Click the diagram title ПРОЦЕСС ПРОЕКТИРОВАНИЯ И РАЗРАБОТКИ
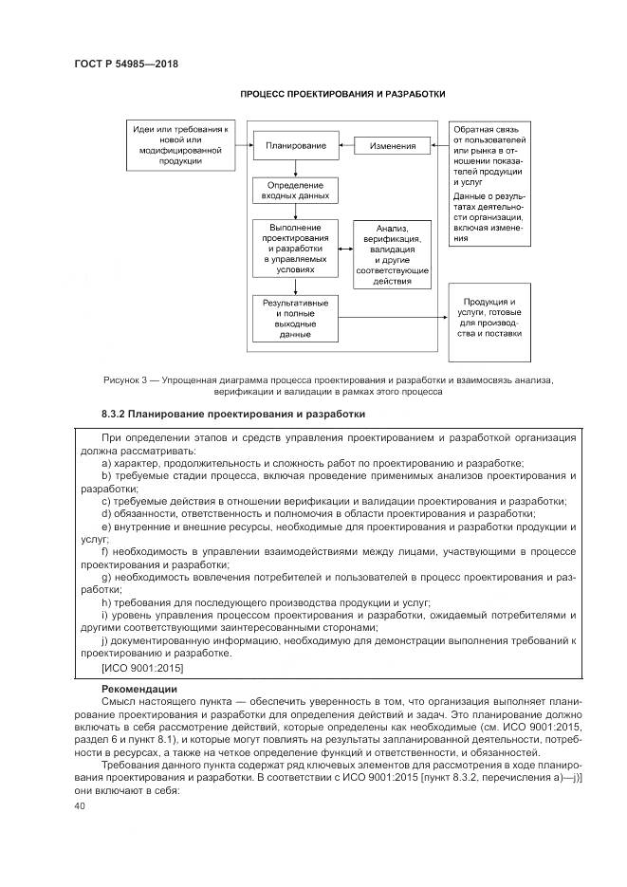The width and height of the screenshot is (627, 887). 342,94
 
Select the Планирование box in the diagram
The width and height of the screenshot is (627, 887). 296,146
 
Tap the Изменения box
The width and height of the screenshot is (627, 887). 392,146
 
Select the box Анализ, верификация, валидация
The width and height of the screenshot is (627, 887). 392,254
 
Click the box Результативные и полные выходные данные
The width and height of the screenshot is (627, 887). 295,318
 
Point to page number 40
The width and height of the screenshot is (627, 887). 79,805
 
